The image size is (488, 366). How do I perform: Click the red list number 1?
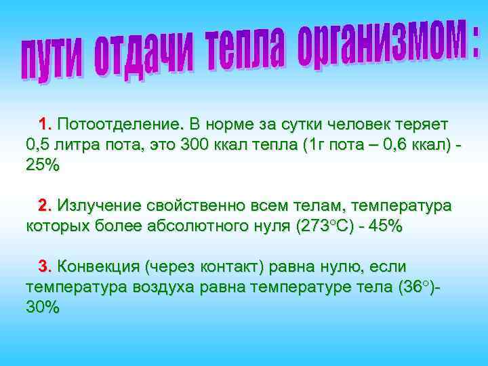(45, 125)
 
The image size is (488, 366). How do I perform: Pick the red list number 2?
(45, 205)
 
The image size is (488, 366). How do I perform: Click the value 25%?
(43, 165)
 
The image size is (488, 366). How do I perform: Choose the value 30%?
(43, 307)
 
